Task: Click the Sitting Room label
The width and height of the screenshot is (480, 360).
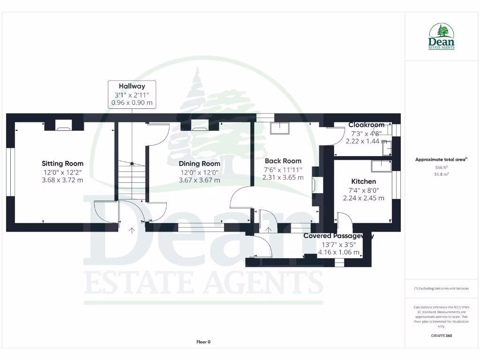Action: pos(62,164)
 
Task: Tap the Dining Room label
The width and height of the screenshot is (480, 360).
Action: pos(199,164)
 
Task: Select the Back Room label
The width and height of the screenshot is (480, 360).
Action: pos(283,161)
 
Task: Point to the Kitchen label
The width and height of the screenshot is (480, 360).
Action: pos(364,181)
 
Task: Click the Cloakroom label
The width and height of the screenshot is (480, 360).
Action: pos(366,125)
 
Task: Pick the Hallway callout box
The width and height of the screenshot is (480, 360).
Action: pos(132,94)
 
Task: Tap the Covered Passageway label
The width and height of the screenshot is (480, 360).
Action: pos(338,236)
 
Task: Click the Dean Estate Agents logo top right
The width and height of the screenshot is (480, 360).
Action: pos(441,37)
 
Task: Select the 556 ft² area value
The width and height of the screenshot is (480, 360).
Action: pos(441,167)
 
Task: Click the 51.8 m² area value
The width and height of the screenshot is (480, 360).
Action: pos(441,174)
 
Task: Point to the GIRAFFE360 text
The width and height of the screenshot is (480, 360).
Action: pos(441,336)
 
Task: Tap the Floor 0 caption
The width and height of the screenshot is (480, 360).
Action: pos(203,342)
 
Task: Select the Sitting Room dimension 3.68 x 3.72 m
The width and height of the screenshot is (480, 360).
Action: pos(62,180)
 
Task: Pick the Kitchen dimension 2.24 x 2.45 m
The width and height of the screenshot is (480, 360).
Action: pos(364,198)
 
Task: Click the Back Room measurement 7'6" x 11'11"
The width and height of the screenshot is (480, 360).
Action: pos(283,170)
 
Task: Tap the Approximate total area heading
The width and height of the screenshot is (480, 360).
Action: pos(441,159)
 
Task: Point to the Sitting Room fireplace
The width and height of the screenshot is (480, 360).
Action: pos(64,125)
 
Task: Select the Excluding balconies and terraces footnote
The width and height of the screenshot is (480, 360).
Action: pos(441,288)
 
